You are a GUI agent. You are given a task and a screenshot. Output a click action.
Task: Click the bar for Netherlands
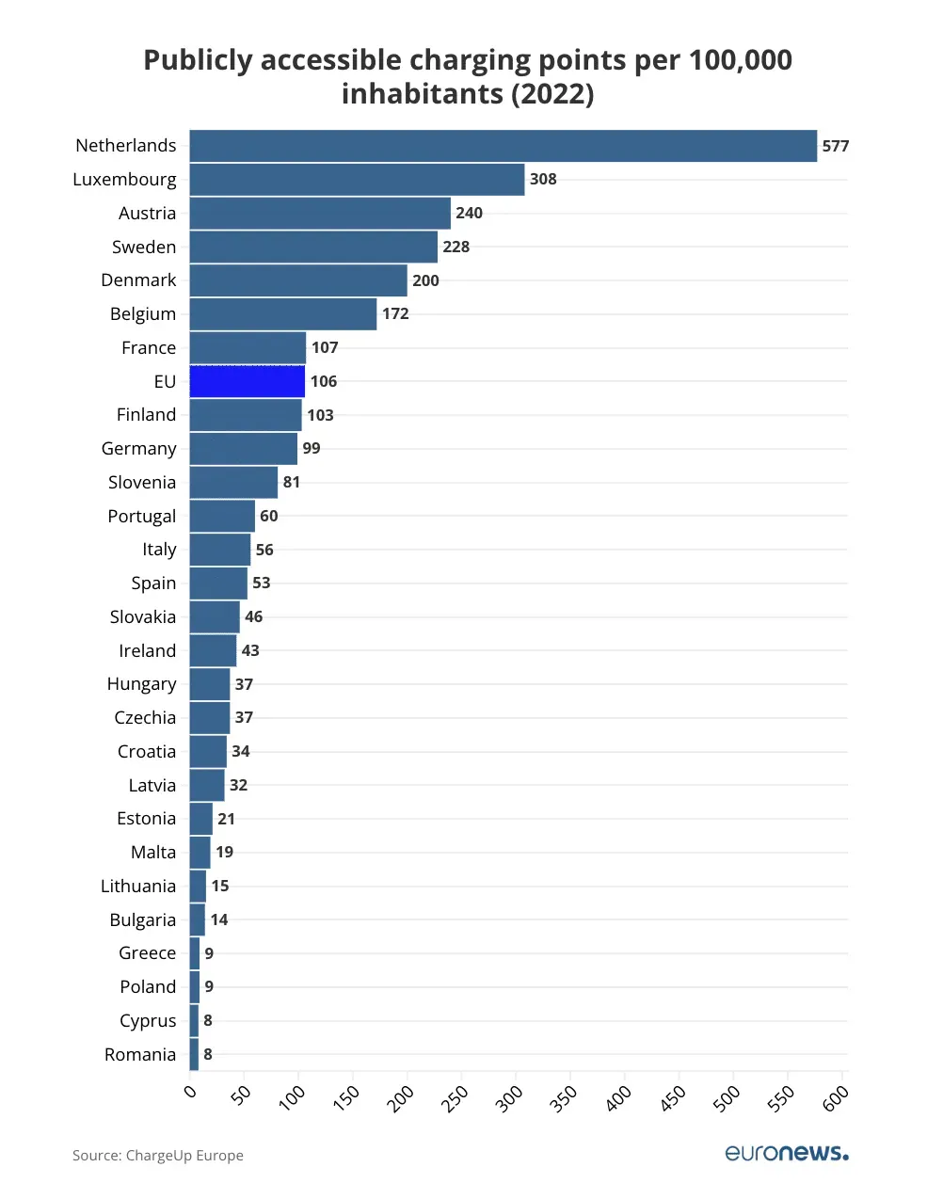pos(503,146)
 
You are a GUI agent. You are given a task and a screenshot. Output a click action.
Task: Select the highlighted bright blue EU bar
pos(248,381)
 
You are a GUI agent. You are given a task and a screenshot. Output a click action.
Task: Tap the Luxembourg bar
pos(357,180)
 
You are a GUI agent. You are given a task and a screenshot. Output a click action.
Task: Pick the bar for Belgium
pos(283,314)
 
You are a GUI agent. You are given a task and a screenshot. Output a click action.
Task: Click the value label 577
pos(836,146)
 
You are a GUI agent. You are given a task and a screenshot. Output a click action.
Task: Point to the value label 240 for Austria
pos(469,213)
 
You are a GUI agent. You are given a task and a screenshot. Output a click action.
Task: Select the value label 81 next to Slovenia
pos(292,482)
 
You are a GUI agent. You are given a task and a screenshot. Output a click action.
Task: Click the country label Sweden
pos(144,247)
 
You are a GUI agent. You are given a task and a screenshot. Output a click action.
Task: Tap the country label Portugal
pos(142,516)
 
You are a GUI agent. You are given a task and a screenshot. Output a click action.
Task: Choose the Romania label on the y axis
pos(140,1054)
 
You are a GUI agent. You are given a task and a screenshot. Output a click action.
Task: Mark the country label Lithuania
pos(138,886)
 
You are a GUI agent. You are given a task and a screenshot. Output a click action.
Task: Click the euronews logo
pos(787,1153)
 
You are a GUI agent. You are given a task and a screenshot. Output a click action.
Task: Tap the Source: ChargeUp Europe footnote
pos(158,1156)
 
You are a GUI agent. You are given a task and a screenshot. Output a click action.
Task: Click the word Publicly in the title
pos(198,60)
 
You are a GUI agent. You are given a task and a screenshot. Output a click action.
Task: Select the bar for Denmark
pos(298,280)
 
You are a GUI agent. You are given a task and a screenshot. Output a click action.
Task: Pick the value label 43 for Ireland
pos(250,650)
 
